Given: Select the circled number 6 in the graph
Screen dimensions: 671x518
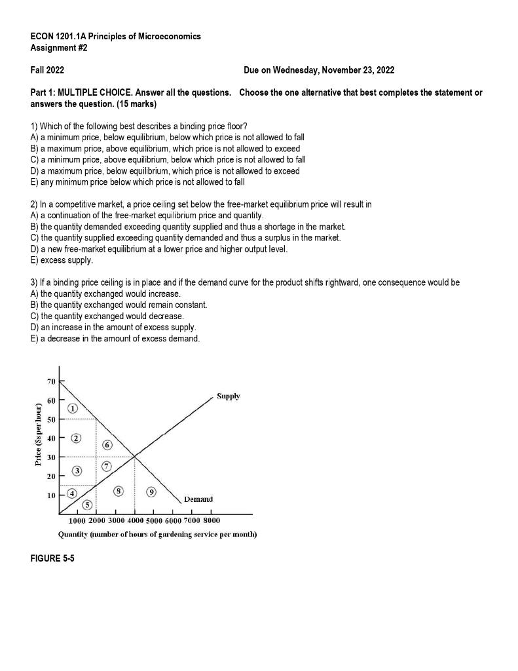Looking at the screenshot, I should click(107, 445).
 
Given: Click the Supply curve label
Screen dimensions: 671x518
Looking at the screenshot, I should click(229, 396).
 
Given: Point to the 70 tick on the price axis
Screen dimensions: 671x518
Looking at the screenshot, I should click(50, 381).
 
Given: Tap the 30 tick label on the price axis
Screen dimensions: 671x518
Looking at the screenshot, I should click(50, 456).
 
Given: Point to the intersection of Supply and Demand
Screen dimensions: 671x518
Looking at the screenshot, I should click(135, 456).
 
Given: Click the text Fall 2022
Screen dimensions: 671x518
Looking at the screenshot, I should click(47, 70).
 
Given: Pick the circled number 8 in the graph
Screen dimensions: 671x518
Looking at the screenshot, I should click(118, 491).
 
